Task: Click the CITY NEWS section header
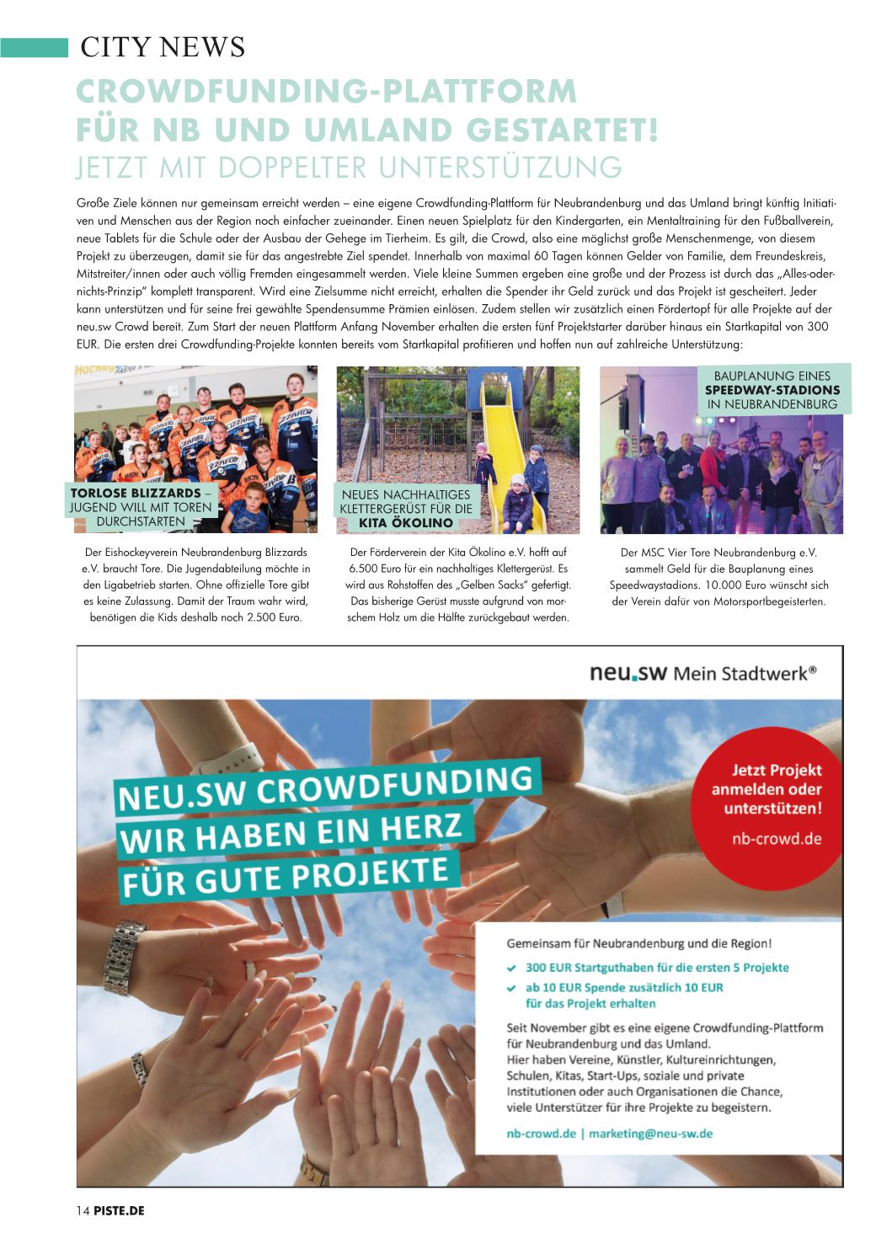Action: pos(163,47)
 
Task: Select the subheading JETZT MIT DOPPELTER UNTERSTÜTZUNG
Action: pos(349,168)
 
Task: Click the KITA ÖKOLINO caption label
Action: pos(405,523)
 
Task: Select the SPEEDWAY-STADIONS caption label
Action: pos(772,390)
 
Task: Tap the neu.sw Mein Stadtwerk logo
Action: pos(703,673)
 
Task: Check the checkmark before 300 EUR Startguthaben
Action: pos(511,968)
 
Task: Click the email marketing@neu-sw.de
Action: pos(650,1133)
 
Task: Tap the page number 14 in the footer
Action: pos(83,1210)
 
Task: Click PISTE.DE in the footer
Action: pos(120,1210)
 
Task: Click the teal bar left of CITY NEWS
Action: pos(34,47)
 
